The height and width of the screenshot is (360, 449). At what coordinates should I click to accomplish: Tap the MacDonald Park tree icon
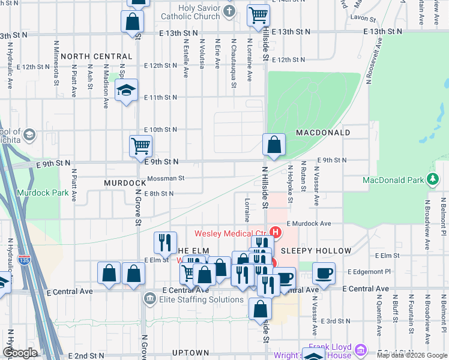point(432,179)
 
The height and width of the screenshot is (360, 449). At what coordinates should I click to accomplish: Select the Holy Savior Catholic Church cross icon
point(229,11)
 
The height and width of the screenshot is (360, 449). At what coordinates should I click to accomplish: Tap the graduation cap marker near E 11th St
point(126,91)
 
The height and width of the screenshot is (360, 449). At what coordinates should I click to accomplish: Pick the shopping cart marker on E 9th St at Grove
point(140,145)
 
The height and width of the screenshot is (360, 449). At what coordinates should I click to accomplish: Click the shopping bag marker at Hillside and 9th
point(274,145)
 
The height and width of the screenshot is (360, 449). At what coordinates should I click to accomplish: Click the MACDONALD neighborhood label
point(322,131)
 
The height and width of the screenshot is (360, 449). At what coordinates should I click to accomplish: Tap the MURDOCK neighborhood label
point(125,182)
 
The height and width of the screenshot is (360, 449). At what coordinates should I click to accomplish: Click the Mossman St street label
point(166,178)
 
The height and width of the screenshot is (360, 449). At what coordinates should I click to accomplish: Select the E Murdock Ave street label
point(309,223)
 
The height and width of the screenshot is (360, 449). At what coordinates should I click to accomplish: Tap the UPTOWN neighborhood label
point(190,353)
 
